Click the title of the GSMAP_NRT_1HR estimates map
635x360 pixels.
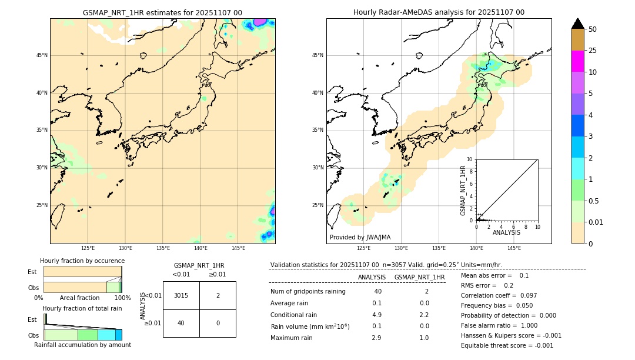coord(162,12)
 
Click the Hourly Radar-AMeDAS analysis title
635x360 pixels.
coord(439,12)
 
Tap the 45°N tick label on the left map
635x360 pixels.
coord(42,55)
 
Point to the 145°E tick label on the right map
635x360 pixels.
coord(514,248)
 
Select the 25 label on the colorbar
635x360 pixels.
coord(593,51)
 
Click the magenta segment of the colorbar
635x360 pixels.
coord(578,61)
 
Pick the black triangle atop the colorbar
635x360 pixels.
coord(578,24)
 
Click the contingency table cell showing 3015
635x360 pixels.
coord(181,295)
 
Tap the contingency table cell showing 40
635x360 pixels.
coord(181,323)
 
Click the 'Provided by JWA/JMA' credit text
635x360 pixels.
coord(360,238)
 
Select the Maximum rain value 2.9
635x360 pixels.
coord(376,338)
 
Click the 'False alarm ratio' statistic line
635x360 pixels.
coord(499,325)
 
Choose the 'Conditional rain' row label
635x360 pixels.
coord(293,315)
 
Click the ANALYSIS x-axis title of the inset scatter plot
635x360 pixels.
coord(506,233)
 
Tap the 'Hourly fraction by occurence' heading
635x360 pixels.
coord(82,261)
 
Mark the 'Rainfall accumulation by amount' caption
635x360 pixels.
coord(82,345)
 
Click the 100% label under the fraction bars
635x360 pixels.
coord(122,298)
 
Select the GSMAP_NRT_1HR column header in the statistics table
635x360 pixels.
coord(419,277)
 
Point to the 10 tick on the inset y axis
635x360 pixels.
coord(469,159)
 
